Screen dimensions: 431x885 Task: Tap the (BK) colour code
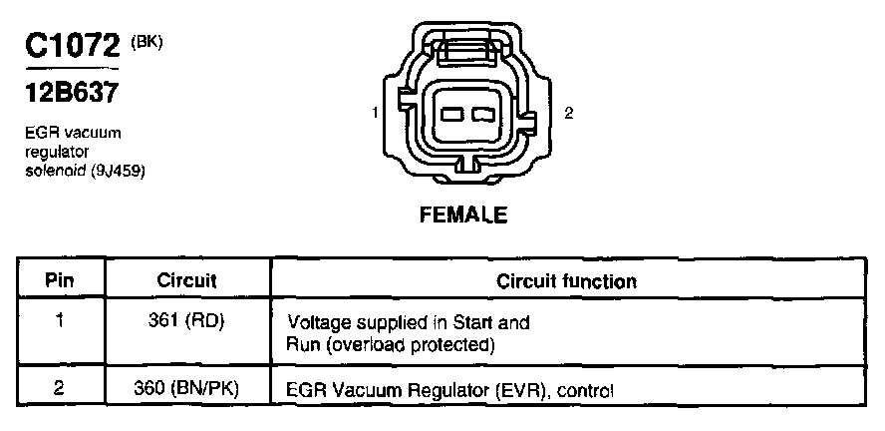[147, 41]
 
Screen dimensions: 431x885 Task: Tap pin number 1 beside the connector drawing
[374, 114]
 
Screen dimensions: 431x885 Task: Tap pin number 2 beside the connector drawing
[568, 114]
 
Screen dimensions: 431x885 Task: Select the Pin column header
[60, 281]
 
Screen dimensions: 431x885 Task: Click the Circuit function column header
[566, 281]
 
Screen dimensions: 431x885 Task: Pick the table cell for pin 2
[60, 390]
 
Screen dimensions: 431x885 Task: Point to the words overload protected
[410, 345]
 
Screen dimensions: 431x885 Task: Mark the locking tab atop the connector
[466, 52]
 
